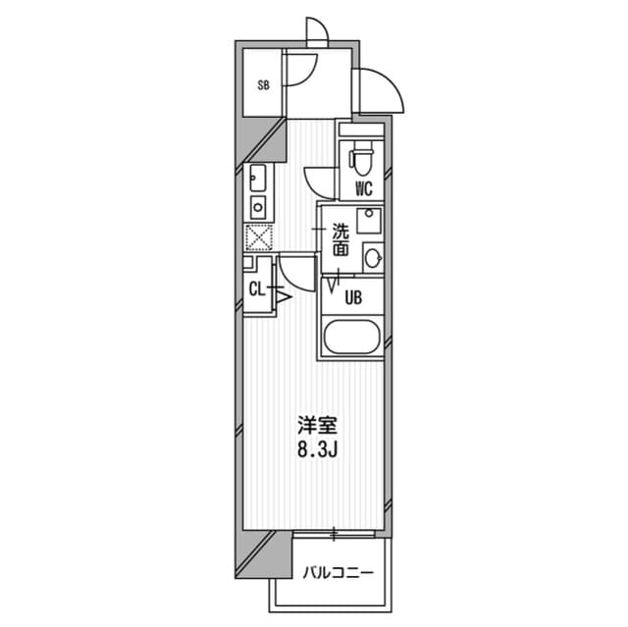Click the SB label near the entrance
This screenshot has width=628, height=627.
263,85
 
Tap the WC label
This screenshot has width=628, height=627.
363,188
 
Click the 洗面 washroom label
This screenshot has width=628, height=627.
340,240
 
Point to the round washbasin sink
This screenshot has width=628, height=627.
372,258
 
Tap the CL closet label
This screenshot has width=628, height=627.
256,288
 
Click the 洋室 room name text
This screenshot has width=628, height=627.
318,427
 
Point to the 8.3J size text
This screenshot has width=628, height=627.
318,452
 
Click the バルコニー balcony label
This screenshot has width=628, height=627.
337,571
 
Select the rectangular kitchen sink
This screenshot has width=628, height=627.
258,178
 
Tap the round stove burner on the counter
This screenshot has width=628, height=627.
258,206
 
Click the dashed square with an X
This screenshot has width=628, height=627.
258,237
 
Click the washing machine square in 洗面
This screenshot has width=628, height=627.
370,220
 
